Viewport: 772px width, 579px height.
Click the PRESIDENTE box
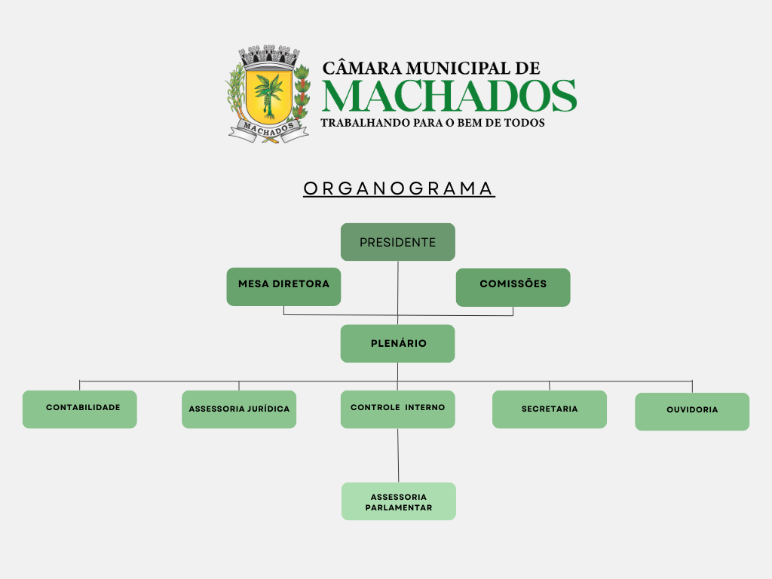pos(397,242)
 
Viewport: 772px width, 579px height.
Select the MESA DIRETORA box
pos(283,286)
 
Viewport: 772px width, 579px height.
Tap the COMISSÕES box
pos(513,287)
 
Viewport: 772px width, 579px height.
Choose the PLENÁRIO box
pos(397,344)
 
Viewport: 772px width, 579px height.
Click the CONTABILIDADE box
pos(79,409)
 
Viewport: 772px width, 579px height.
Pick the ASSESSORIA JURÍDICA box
pos(239,409)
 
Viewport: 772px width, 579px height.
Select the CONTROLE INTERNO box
pos(397,409)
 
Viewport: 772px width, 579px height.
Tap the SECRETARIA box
pos(549,409)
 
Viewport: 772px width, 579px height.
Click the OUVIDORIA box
pos(692,412)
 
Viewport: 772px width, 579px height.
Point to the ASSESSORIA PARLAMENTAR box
pos(399,501)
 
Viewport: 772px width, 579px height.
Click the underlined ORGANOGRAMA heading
pos(399,188)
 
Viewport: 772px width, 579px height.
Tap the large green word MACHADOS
pos(449,96)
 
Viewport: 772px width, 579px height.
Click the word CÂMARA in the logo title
pos(356,69)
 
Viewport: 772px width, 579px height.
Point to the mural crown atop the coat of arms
pos(269,56)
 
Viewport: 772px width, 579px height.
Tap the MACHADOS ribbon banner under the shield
pos(268,130)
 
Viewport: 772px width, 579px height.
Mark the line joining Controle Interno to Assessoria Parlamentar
pos(398,455)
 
